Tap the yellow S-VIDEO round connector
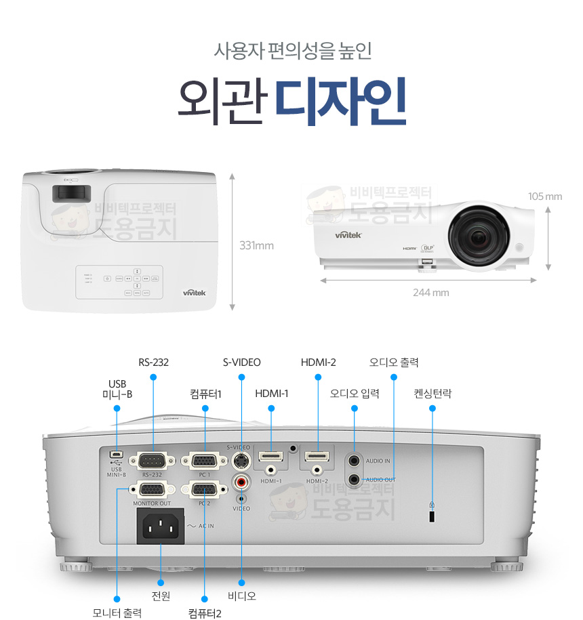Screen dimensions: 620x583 tap(241, 461)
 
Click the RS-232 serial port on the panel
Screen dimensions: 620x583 tap(154, 460)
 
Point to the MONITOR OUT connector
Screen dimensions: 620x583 tap(153, 489)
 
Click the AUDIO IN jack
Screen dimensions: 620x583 tap(354, 461)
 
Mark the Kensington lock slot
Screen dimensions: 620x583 tap(433, 516)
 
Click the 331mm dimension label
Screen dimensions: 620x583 tap(256, 245)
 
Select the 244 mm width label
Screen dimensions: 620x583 tap(431, 293)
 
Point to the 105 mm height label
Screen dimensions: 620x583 tap(545, 197)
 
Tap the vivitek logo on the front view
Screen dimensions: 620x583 tap(348, 235)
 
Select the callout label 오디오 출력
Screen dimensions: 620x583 tap(393, 363)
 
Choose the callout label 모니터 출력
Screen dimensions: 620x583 tap(117, 613)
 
